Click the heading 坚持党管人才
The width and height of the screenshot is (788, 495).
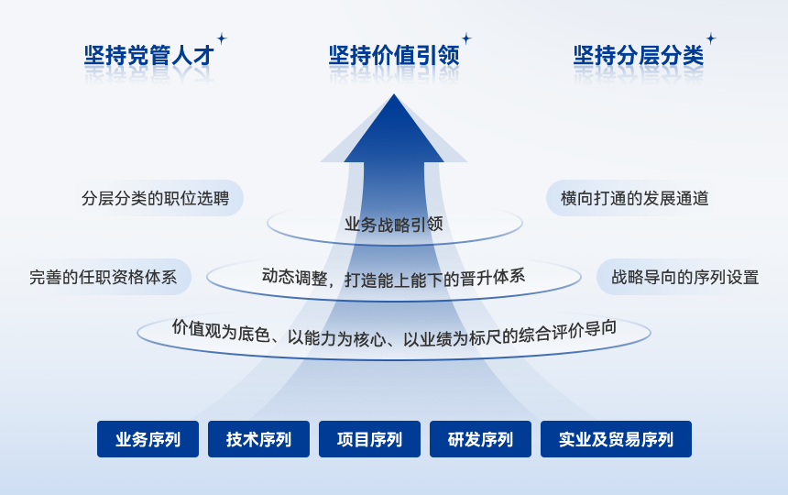[x=148, y=56]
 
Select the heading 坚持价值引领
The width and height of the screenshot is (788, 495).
[x=393, y=56]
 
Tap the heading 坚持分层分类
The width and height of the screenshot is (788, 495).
[x=638, y=56]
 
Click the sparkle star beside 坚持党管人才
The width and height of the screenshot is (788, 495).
[x=221, y=38]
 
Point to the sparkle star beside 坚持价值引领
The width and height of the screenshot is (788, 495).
[x=465, y=38]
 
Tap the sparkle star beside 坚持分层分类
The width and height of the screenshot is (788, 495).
[x=710, y=38]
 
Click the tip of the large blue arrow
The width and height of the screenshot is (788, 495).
[x=394, y=97]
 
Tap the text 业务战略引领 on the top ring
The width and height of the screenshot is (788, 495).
[x=394, y=225]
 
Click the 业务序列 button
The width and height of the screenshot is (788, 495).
[x=148, y=439]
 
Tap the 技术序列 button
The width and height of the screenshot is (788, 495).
[x=258, y=439]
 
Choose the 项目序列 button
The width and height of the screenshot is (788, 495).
[x=369, y=439]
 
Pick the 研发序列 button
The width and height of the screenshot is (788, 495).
[x=480, y=439]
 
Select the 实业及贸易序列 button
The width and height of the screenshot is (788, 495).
[x=616, y=439]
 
